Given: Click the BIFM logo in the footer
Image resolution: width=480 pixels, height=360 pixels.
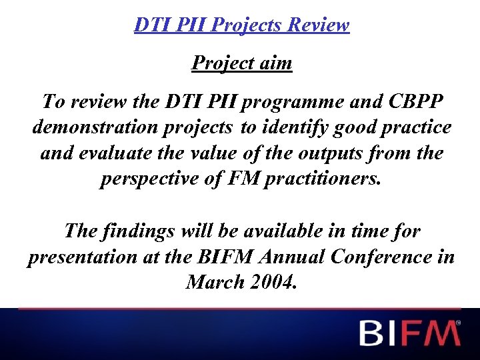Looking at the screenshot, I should (409, 333).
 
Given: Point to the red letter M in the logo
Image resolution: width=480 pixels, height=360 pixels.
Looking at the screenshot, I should (441, 333).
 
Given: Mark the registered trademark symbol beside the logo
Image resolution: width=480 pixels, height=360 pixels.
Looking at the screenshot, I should (458, 322).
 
